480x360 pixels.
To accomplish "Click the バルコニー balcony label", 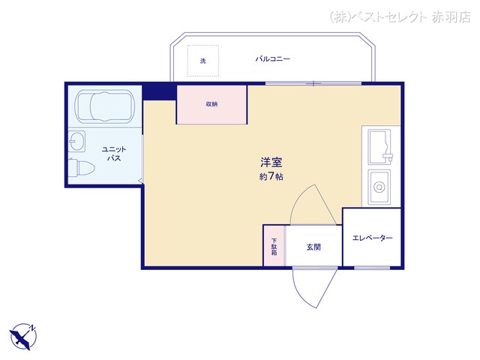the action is click(x=273, y=58).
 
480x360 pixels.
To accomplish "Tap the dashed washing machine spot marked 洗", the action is click(x=203, y=61).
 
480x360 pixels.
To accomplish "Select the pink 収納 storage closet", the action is click(x=211, y=105).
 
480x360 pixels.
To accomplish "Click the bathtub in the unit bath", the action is click(x=105, y=106).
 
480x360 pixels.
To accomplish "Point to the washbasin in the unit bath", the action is click(x=76, y=142).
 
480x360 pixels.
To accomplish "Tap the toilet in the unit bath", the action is click(x=81, y=167).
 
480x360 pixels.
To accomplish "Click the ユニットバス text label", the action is click(x=114, y=154).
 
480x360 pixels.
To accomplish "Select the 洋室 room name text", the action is click(x=271, y=162).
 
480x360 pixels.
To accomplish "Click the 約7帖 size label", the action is click(x=271, y=177).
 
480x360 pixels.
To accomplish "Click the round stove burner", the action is click(x=379, y=187).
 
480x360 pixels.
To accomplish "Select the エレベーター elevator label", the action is click(x=372, y=238).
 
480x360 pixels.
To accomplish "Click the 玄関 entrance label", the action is click(x=313, y=247).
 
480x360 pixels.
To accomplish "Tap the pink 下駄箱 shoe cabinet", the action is click(x=274, y=246).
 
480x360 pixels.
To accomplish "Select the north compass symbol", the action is click(x=23, y=337).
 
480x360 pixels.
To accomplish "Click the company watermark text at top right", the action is click(x=400, y=17).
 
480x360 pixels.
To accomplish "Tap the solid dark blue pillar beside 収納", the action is click(x=160, y=92).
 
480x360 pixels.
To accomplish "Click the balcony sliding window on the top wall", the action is click(x=313, y=83).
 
